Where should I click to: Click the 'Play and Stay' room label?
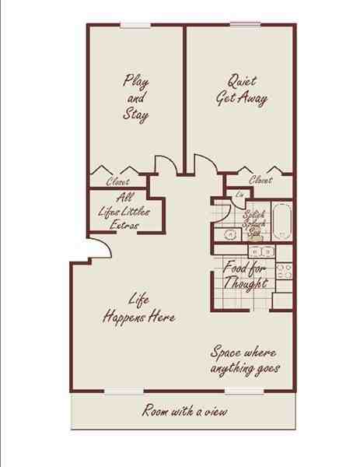(135, 97)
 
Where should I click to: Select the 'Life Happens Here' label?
(139, 309)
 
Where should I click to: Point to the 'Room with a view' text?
(184, 411)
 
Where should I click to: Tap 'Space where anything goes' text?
(245, 360)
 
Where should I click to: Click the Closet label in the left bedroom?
(117, 182)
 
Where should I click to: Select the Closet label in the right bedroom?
(260, 181)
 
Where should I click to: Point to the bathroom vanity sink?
(230, 233)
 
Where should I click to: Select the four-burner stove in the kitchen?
(284, 271)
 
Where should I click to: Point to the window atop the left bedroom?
(135, 25)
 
